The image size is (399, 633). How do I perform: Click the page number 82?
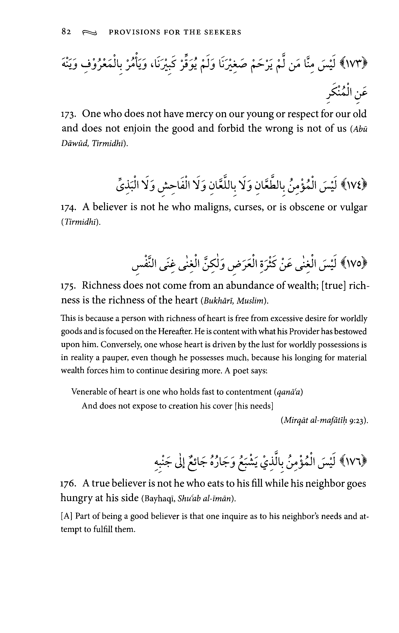pyautogui.click(x=66, y=32)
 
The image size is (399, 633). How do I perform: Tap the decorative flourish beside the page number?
pyautogui.click(x=89, y=32)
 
